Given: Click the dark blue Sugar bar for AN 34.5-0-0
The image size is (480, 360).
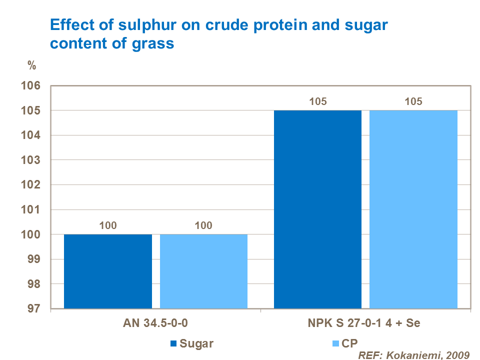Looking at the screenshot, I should tap(108, 271).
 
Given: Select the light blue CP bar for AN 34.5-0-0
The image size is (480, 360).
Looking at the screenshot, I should tap(203, 271).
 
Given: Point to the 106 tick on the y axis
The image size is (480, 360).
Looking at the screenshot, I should tap(32, 86).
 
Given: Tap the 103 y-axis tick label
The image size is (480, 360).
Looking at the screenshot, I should tap(32, 160).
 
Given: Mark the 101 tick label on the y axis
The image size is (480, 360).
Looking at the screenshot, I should tap(32, 209).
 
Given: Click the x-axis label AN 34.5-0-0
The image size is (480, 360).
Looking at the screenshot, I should tap(155, 323).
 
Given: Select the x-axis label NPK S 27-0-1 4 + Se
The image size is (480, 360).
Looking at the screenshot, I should tap(366, 323).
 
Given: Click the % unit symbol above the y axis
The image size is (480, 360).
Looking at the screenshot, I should tap(31, 65).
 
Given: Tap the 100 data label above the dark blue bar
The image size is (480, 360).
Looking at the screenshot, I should tap(108, 225).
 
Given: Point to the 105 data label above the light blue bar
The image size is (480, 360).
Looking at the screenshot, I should tap(413, 101).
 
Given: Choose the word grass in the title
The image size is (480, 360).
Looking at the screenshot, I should tap(152, 43).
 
